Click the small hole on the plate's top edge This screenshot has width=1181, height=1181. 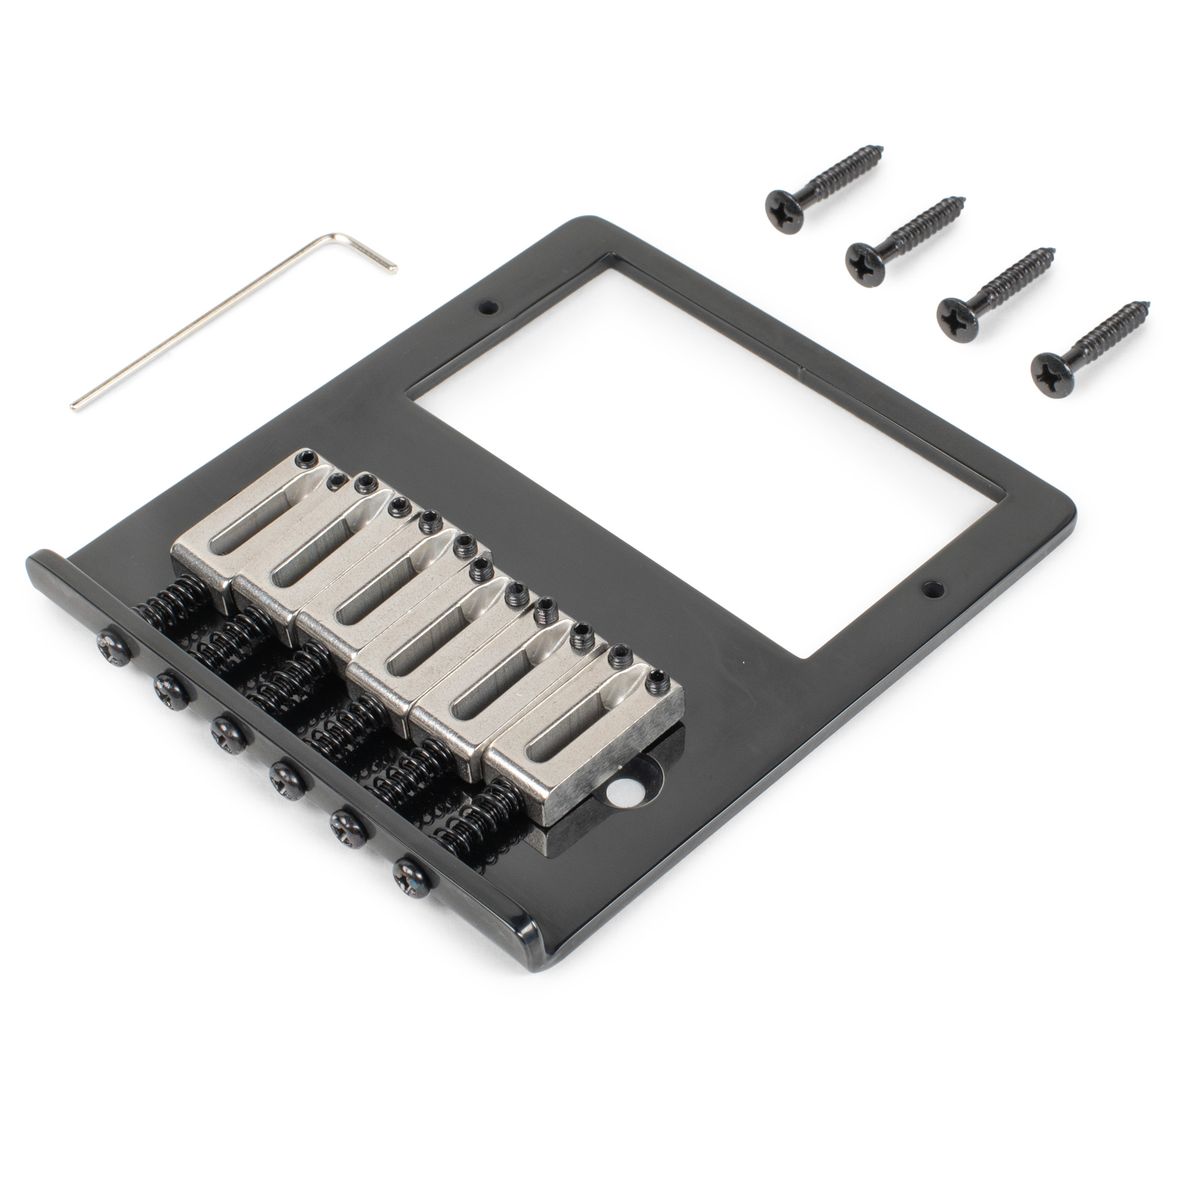coord(487,306)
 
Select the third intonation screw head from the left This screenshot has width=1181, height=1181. coord(224,730)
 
